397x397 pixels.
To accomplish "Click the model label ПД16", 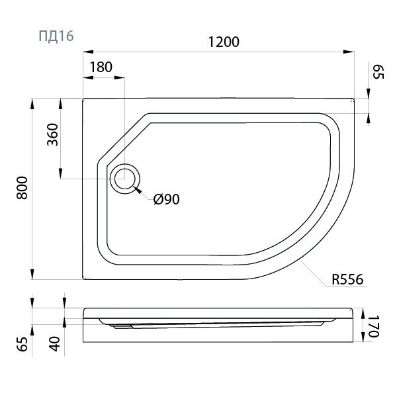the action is coord(56,36).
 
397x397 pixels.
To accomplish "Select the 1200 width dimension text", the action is coord(224,42).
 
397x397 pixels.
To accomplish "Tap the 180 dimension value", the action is coord(101,67).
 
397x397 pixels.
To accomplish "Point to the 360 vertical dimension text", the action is coord(53,134).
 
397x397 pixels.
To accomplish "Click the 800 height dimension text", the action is coord(22,188).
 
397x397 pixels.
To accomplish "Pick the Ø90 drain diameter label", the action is coord(166,199).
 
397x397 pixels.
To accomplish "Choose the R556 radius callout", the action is coord(347,279).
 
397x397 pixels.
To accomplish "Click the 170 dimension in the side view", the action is coord(373,326).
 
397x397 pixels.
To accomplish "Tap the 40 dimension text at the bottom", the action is coord(55,344).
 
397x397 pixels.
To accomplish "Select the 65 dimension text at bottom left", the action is coord(22,344).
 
